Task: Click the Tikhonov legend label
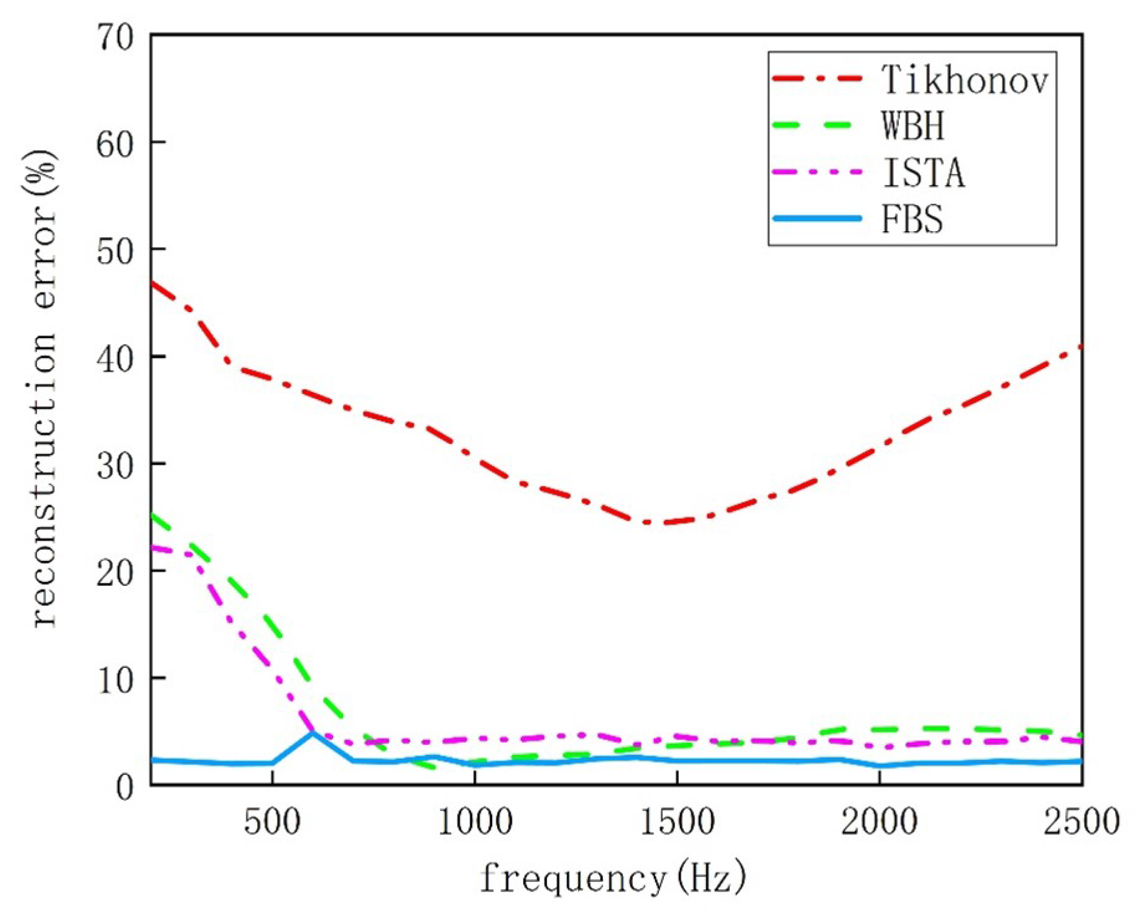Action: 964,80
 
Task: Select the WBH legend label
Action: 913,126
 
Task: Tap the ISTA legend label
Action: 923,173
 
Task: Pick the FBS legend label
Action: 912,219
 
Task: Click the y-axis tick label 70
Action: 115,38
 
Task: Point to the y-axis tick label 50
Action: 115,251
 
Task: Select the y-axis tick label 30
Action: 115,465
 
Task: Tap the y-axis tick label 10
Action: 115,679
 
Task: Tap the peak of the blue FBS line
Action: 313,733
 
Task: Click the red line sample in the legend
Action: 817,78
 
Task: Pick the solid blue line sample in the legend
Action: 817,218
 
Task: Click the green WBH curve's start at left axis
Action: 153,515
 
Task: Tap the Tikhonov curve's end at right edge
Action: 1081,347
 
